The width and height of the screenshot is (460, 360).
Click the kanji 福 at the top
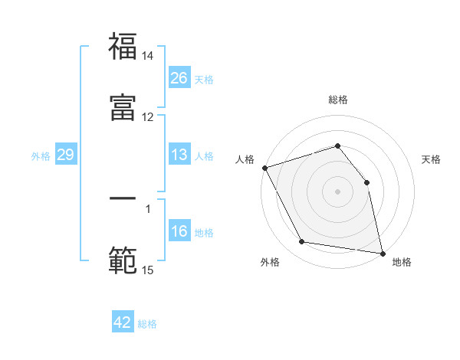pyautogui.click(x=123, y=47)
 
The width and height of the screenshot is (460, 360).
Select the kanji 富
pyautogui.click(x=123, y=109)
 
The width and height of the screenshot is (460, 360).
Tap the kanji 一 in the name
pyautogui.click(x=123, y=198)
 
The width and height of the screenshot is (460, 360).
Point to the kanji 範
pyautogui.click(x=123, y=260)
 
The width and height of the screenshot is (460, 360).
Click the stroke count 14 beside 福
pyautogui.click(x=148, y=57)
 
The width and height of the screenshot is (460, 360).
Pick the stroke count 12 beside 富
pyautogui.click(x=148, y=117)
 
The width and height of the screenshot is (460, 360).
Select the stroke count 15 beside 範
pyautogui.click(x=148, y=270)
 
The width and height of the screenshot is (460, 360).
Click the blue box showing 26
pyautogui.click(x=179, y=78)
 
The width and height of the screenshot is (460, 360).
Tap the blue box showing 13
pyautogui.click(x=179, y=155)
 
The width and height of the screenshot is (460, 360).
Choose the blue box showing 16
pyautogui.click(x=179, y=231)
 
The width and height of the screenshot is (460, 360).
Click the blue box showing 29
pyautogui.click(x=65, y=155)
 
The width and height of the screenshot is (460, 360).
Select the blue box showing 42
pyautogui.click(x=123, y=322)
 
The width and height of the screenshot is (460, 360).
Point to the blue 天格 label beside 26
pyautogui.click(x=204, y=80)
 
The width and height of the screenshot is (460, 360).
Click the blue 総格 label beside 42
pyautogui.click(x=147, y=324)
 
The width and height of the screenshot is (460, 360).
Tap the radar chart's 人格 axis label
pyautogui.click(x=245, y=159)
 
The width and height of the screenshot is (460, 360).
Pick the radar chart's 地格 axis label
pyautogui.click(x=402, y=262)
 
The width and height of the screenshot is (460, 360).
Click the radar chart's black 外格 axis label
pyautogui.click(x=270, y=262)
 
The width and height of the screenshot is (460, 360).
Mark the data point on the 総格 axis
pyautogui.click(x=337, y=146)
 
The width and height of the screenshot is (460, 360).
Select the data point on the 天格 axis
pyautogui.click(x=366, y=182)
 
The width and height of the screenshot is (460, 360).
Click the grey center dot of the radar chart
pyautogui.click(x=337, y=191)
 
